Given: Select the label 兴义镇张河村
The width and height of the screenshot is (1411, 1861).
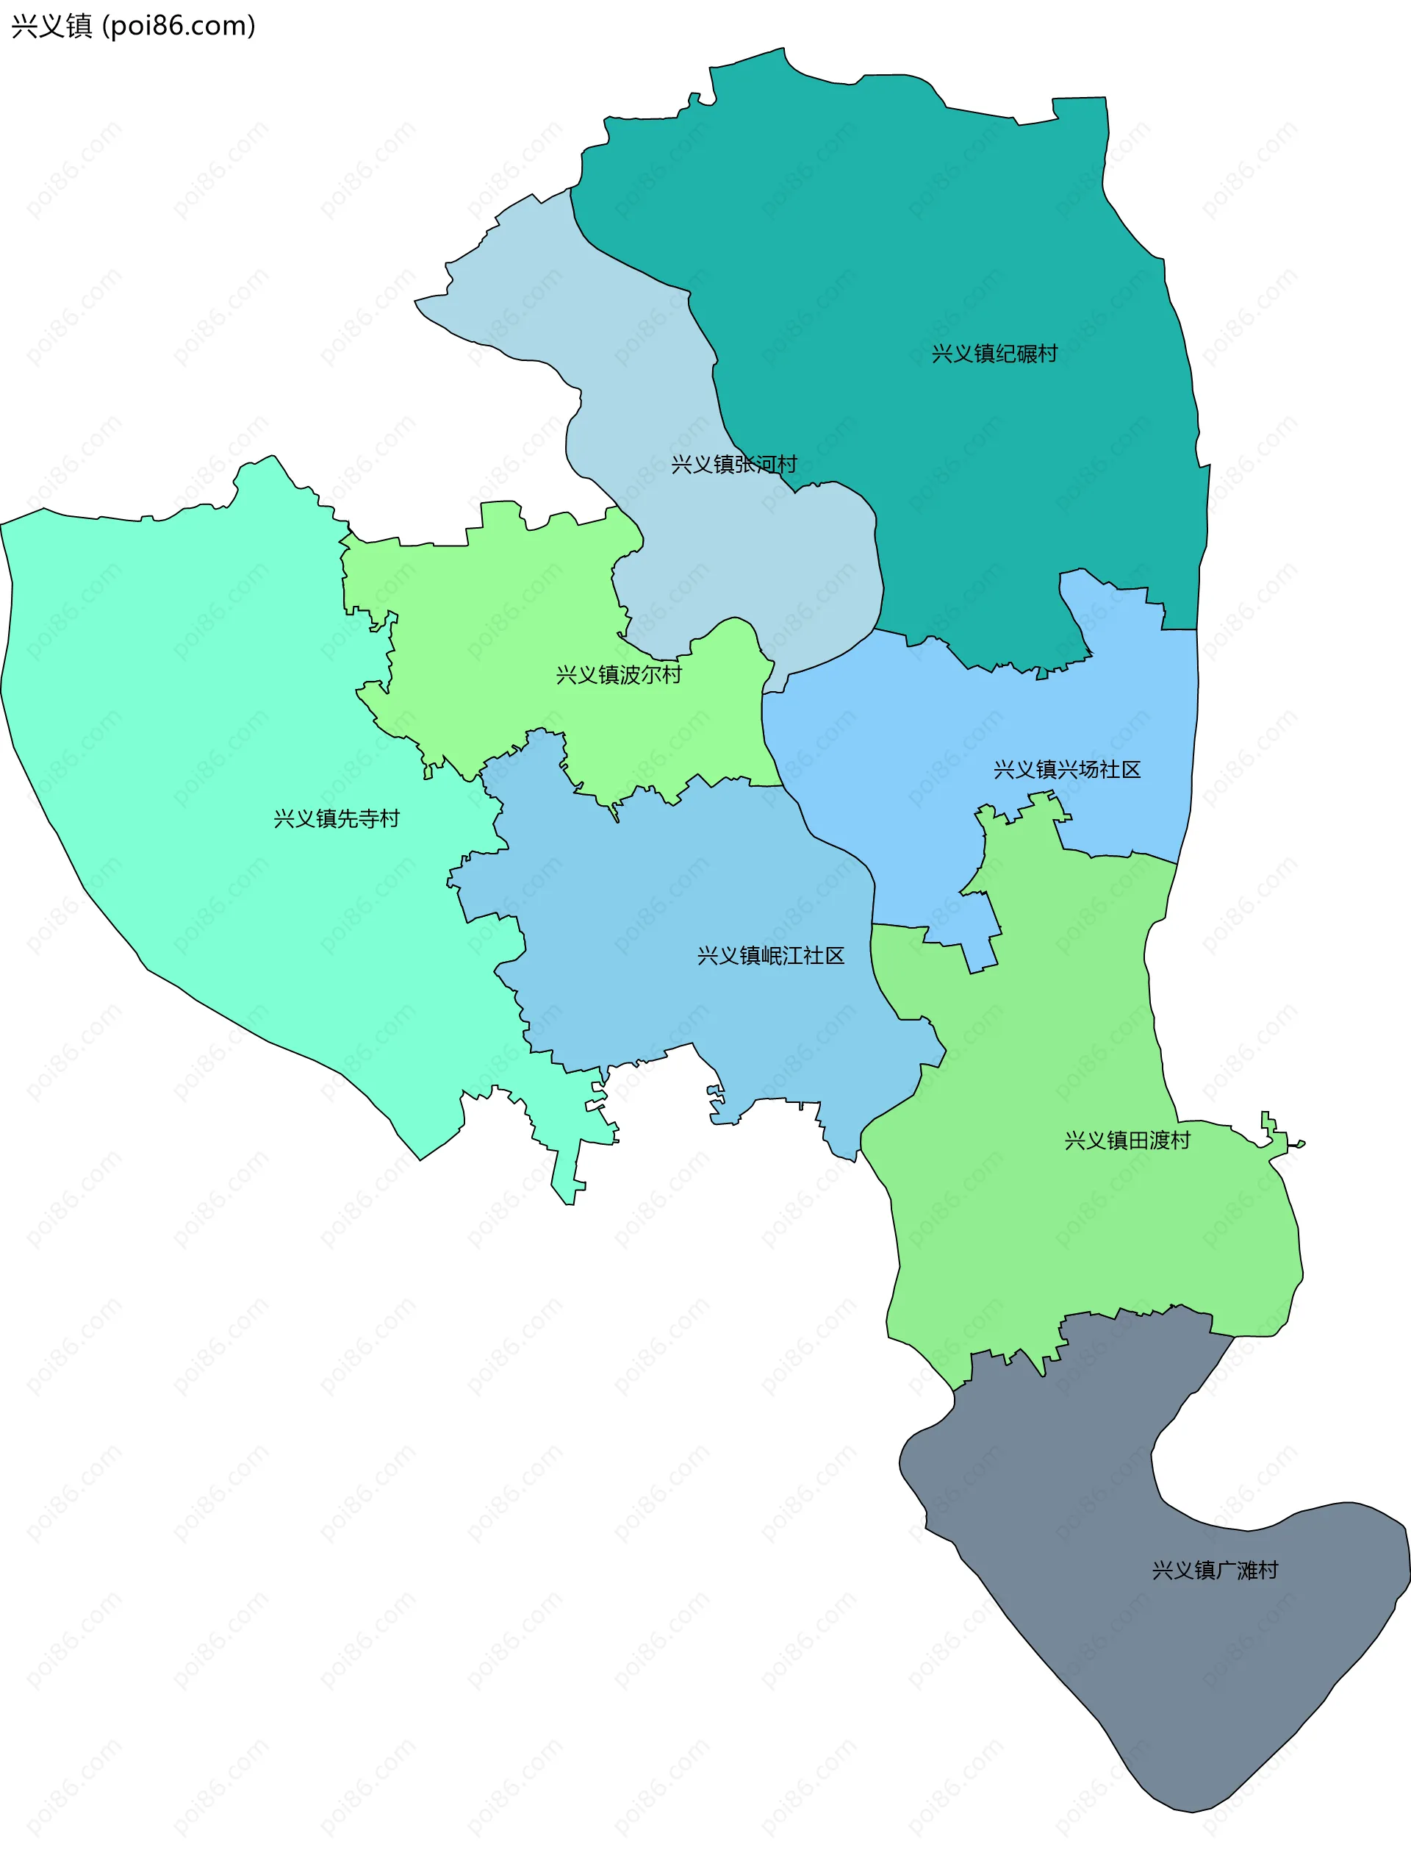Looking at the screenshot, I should click(x=733, y=465).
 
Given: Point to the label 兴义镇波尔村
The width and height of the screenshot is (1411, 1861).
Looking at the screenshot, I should click(x=618, y=675).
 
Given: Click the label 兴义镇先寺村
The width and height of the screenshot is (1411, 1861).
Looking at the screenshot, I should click(x=337, y=818).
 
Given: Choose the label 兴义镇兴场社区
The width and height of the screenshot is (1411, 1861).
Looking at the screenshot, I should click(x=1066, y=770).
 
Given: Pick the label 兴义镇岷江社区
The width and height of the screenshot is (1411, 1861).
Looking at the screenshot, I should click(x=770, y=956).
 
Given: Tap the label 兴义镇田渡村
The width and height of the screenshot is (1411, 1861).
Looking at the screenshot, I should click(x=1127, y=1141).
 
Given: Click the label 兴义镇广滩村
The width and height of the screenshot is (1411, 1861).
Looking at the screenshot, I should click(x=1214, y=1571).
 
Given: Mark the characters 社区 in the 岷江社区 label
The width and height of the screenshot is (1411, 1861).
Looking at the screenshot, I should click(x=823, y=956).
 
